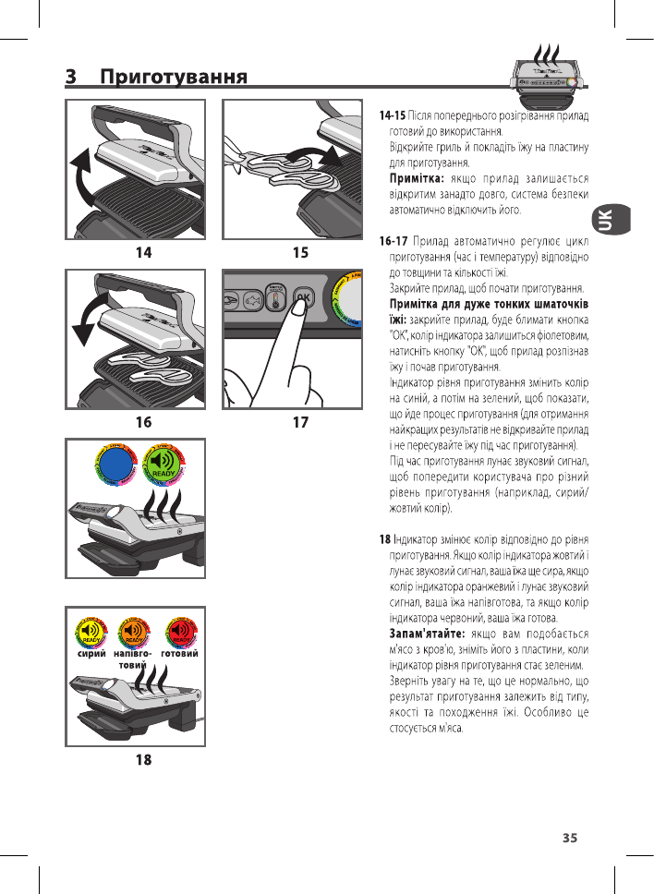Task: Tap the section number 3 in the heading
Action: (x=71, y=77)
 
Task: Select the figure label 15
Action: (x=299, y=251)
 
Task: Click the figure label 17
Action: (x=299, y=422)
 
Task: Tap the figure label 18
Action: (x=143, y=760)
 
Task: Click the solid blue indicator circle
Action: (x=116, y=465)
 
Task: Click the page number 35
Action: (x=570, y=838)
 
